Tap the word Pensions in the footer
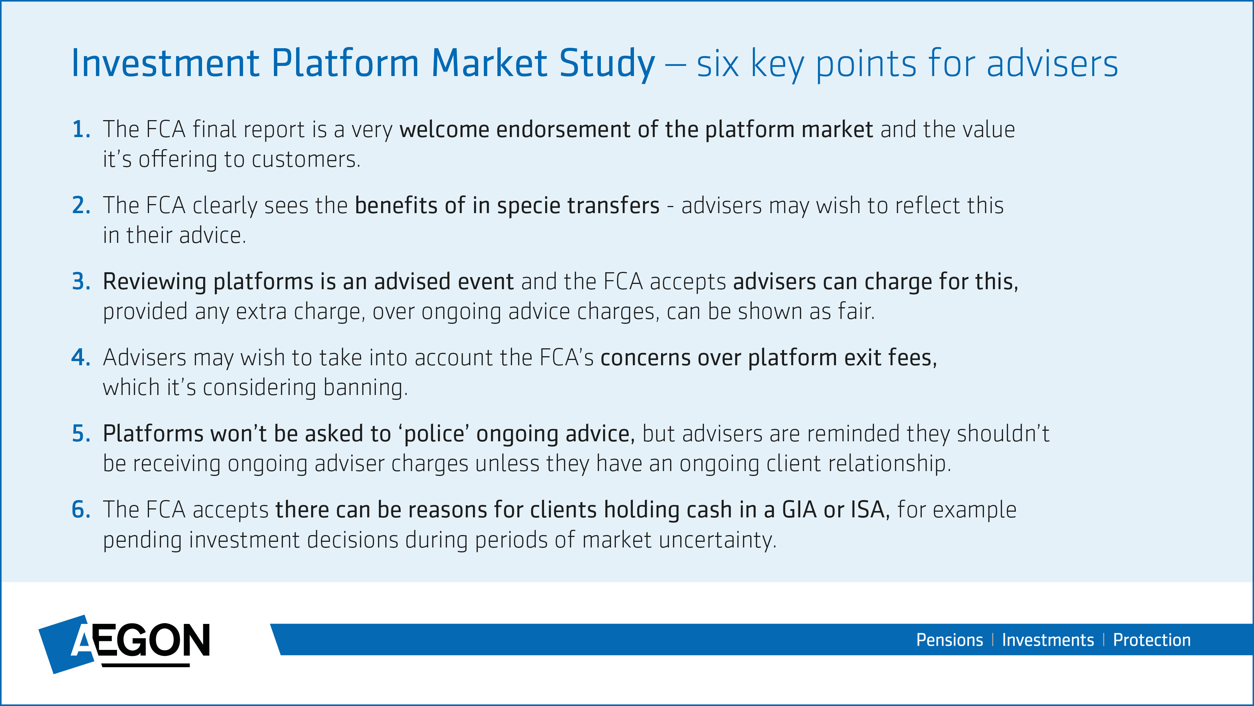[949, 640]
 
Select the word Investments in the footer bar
[1047, 640]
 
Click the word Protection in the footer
[1152, 640]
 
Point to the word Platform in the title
[345, 63]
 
